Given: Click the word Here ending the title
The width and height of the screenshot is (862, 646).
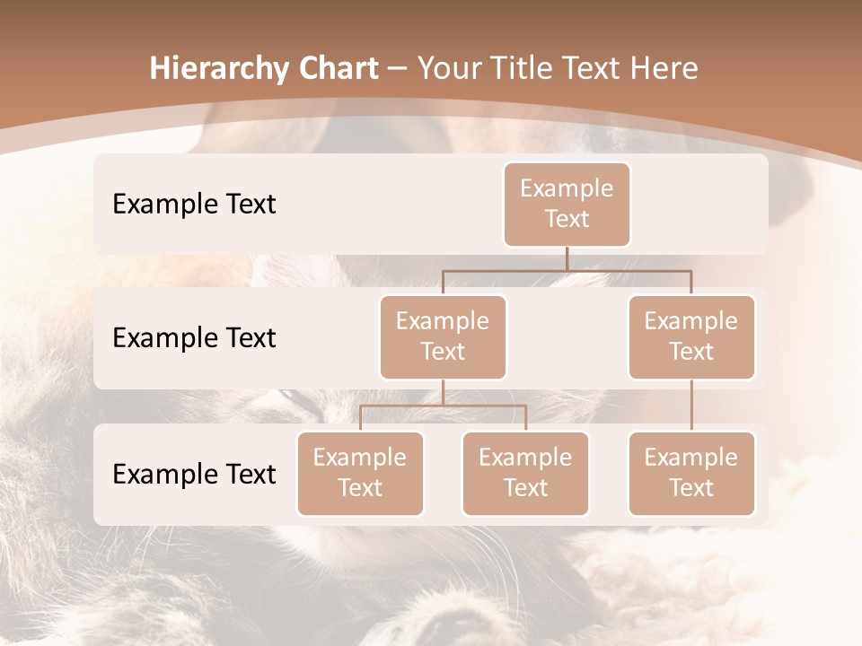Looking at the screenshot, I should [665, 69].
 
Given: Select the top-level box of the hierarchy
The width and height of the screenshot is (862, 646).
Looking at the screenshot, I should [567, 204].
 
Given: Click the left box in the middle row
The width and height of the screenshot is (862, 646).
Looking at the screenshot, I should [443, 336].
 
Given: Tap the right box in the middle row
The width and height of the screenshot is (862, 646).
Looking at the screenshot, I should [691, 336].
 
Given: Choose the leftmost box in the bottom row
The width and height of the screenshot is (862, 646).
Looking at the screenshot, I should [360, 473].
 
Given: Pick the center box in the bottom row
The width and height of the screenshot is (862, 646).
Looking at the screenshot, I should [525, 473].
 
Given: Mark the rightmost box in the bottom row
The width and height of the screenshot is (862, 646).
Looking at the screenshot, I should [691, 473].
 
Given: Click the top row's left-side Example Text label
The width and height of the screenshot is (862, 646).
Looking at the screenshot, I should [194, 205].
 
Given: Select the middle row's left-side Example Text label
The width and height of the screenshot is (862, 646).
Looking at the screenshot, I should [194, 338].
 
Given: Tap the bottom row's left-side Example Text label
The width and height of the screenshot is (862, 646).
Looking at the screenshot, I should [194, 475].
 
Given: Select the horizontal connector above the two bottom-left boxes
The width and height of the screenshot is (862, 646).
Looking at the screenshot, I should [443, 406].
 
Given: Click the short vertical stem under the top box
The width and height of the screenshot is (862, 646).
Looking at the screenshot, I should [567, 258].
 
